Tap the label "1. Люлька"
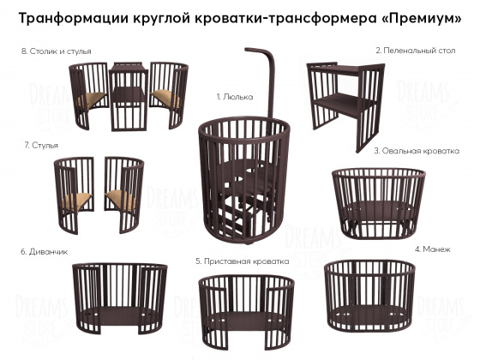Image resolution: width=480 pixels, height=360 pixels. click(235, 97)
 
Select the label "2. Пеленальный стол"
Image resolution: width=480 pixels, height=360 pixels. click(416, 51)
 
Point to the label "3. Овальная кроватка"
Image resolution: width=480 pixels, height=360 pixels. click(417, 151)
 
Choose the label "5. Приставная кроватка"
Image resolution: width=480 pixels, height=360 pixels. click(242, 261)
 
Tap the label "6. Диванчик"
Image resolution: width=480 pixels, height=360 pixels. click(44, 252)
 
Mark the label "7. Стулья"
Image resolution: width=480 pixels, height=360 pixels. click(41, 145)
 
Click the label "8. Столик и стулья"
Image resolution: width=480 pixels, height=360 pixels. click(56, 51)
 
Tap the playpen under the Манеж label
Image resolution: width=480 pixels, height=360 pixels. click(369, 296)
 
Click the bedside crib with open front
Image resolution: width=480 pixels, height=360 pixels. click(247, 312)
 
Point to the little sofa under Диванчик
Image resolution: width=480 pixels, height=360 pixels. click(120, 298)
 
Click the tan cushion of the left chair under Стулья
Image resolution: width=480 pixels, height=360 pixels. click(77, 201)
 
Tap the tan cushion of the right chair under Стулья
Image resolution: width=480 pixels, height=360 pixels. click(121, 199)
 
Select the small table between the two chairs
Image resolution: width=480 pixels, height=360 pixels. click(129, 96)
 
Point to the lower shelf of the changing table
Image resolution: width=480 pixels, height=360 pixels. click(343, 104)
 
